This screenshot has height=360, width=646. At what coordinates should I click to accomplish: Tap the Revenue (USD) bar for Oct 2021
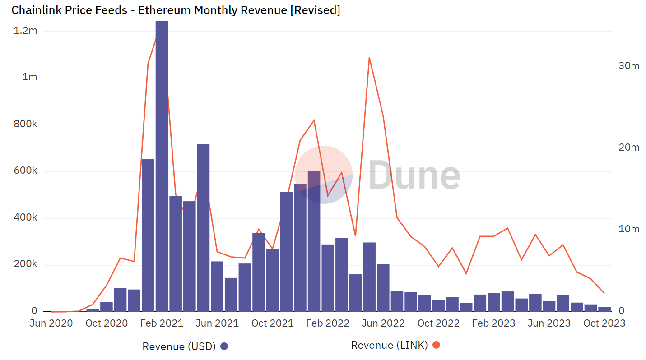click(x=272, y=280)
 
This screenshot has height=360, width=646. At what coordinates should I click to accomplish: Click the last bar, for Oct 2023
click(x=604, y=309)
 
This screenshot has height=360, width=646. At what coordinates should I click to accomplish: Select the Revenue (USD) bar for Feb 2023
click(x=493, y=302)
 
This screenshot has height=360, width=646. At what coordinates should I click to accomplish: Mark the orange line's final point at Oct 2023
click(x=604, y=293)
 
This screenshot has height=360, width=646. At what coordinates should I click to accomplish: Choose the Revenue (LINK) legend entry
click(x=389, y=345)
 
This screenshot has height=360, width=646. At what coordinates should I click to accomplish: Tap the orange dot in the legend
click(x=436, y=345)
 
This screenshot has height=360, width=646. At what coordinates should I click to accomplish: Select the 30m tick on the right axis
click(x=628, y=66)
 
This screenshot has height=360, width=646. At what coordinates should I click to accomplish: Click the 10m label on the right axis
click(x=628, y=229)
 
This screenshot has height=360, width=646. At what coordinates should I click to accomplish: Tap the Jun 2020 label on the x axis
click(x=51, y=323)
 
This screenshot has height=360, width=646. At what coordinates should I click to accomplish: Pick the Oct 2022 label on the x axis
click(x=438, y=323)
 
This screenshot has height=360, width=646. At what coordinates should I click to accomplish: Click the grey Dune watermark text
click(x=414, y=175)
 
